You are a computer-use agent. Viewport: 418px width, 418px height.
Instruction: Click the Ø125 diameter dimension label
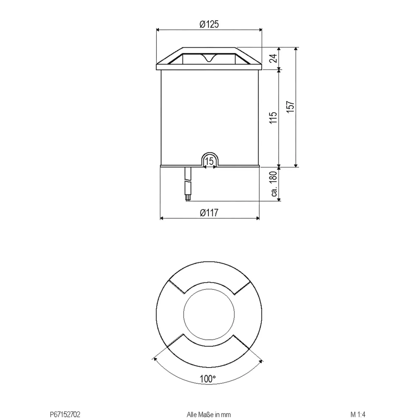pos(209,24)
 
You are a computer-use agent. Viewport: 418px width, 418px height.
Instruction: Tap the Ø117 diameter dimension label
pos(209,213)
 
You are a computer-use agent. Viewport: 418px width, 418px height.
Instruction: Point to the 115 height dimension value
pos(273,118)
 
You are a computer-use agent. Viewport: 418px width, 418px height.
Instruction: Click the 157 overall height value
pos(290,107)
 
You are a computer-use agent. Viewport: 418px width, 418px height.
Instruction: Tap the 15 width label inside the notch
pos(210,161)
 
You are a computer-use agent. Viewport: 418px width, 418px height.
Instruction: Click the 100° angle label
pos(208,379)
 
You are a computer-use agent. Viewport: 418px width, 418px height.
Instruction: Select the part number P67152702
pos(65,414)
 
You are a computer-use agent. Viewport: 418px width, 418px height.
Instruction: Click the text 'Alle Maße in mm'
pos(209,414)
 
